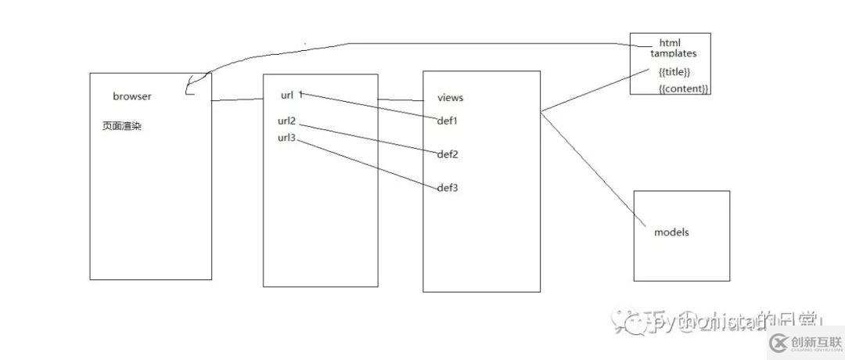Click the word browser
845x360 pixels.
pyautogui.click(x=131, y=97)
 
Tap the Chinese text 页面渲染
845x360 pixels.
pyautogui.click(x=121, y=125)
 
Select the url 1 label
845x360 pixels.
pyautogui.click(x=291, y=95)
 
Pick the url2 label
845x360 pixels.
pyautogui.click(x=286, y=121)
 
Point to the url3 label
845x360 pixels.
pyautogui.click(x=286, y=139)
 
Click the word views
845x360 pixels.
pyautogui.click(x=450, y=98)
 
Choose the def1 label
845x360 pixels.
pyautogui.click(x=447, y=121)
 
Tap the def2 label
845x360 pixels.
pyautogui.click(x=447, y=154)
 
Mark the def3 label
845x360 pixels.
pyautogui.click(x=447, y=188)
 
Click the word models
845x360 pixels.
pyautogui.click(x=671, y=232)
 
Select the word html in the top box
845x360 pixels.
pyautogui.click(x=671, y=43)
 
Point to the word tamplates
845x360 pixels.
pyautogui.click(x=673, y=54)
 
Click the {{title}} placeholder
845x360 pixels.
pyautogui.click(x=674, y=72)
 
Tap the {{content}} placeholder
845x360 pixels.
pyautogui.click(x=684, y=89)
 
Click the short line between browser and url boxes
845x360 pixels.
pyautogui.click(x=237, y=100)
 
